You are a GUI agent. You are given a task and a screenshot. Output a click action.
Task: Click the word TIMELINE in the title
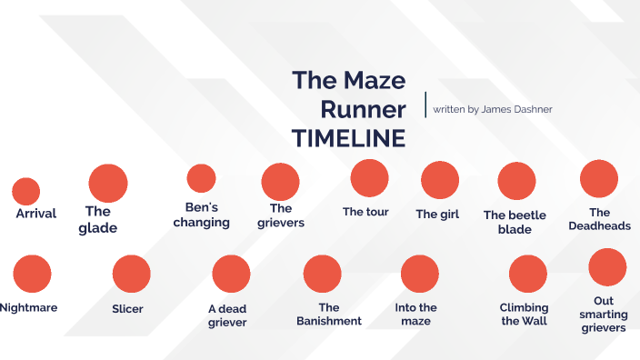348,139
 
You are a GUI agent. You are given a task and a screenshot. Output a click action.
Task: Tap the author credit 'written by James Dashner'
493,109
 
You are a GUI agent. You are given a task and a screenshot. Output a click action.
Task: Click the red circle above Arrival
25,191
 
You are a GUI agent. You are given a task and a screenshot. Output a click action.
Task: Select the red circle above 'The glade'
107,183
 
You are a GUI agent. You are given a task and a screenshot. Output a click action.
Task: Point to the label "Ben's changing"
202,215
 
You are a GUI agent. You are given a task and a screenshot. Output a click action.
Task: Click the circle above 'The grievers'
280,182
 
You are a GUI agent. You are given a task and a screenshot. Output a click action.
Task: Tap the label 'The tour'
365,213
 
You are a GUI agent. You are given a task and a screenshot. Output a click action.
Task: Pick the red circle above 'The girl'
440,180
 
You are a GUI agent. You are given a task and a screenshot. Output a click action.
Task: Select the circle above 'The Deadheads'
599,178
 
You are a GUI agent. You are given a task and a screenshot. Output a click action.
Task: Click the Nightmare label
28,307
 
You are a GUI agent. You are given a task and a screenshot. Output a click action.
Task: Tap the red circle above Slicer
131,274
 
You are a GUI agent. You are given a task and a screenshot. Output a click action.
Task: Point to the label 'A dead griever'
227,315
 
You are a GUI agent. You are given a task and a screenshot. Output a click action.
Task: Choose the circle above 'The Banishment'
322,274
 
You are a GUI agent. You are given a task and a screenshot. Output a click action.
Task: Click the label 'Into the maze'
416,314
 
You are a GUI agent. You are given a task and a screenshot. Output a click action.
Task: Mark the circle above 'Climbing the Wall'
527,274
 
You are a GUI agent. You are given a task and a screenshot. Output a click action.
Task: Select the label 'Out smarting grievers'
604,314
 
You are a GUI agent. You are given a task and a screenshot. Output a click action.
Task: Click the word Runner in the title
364,109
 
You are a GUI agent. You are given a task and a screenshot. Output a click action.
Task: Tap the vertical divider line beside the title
425,105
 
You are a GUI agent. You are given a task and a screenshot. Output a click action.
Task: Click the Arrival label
36,214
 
